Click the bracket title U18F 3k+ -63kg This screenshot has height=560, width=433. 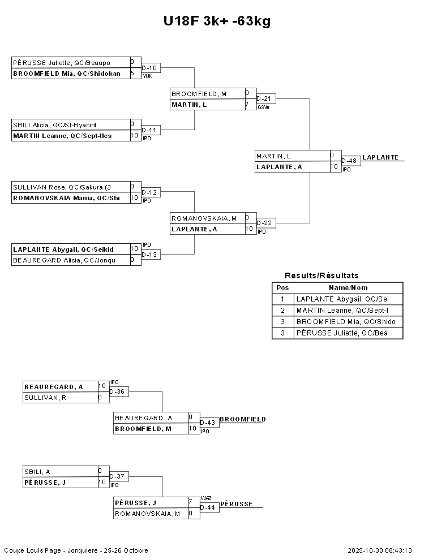click(217, 21)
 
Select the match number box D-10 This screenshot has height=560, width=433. click(151, 68)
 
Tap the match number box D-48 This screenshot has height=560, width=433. click(350, 161)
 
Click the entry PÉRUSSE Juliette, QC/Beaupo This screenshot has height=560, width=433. click(62, 63)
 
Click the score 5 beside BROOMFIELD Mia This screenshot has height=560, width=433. click(132, 74)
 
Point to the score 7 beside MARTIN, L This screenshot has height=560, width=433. click(247, 105)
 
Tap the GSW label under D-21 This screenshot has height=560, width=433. click(263, 107)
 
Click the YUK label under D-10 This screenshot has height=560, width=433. click(148, 76)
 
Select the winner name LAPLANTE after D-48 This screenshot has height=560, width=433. click(380, 157)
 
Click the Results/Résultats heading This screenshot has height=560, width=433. click(321, 275)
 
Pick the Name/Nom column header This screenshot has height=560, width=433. click(348, 288)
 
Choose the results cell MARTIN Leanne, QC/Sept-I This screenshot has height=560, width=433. click(341, 311)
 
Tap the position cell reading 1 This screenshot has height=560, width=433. click(282, 299)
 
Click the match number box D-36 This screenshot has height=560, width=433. click(118, 391)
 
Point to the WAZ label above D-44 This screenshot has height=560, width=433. click(206, 498)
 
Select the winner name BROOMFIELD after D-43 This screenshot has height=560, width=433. click(242, 419)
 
